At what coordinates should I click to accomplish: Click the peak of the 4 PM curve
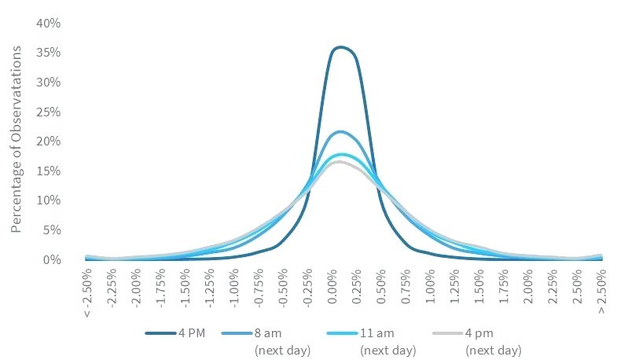(x=340, y=47)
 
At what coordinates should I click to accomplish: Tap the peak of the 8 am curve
(x=340, y=131)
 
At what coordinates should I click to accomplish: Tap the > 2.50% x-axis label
(x=600, y=291)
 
